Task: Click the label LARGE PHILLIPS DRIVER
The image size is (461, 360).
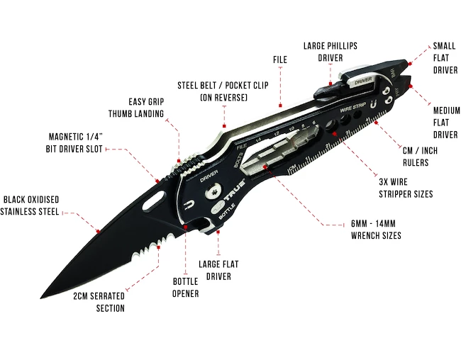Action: [x=330, y=51]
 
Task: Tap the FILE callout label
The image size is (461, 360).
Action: [x=280, y=60]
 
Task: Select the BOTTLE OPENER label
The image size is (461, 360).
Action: [x=185, y=288]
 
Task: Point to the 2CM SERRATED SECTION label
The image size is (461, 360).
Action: [x=99, y=302]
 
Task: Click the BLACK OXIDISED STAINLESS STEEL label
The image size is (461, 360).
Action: [x=30, y=205]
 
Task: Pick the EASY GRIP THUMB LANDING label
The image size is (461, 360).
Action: [x=136, y=108]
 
